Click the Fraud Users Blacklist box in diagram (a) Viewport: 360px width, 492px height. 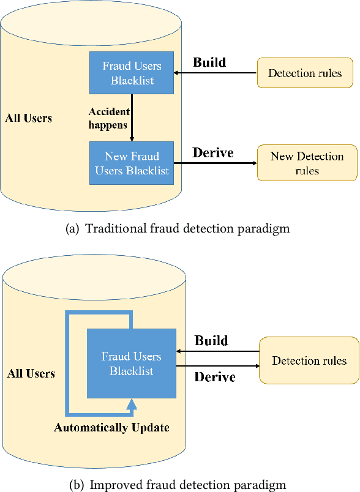pos(132,73)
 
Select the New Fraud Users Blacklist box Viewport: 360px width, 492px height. pos(132,163)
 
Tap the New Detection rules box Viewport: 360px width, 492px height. pos(307,163)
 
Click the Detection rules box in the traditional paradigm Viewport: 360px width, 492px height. pos(305,73)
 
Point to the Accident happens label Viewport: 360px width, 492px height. pos(109,118)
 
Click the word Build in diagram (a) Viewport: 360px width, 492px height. pos(209,62)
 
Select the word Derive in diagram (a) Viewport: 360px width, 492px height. pos(213,153)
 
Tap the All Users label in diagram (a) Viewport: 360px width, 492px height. pos(28,118)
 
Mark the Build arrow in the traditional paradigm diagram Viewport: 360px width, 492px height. pos(215,73)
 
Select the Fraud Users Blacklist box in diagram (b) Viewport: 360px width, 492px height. pos(132,363)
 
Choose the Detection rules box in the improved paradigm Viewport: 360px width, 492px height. pos(309,360)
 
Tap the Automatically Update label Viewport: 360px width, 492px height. pos(111,428)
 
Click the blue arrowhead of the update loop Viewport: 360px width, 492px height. pos(131,403)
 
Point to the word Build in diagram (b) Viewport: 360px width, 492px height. pos(211,341)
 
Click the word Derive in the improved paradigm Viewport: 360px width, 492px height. pos(215,377)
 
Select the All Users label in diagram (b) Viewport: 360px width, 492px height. pos(31,373)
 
